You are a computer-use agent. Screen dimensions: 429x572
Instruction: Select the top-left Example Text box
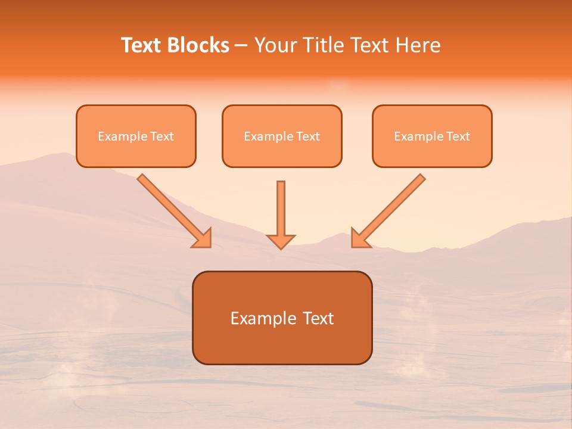136,136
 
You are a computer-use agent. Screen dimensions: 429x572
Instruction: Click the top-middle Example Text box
282,136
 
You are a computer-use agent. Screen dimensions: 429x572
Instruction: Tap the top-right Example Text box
432,136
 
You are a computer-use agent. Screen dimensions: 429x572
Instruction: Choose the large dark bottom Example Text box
282,318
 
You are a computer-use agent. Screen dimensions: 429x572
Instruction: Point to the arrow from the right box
391,208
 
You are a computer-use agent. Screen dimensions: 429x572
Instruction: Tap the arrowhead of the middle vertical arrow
281,241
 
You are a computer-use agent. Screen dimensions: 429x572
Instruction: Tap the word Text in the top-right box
458,136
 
